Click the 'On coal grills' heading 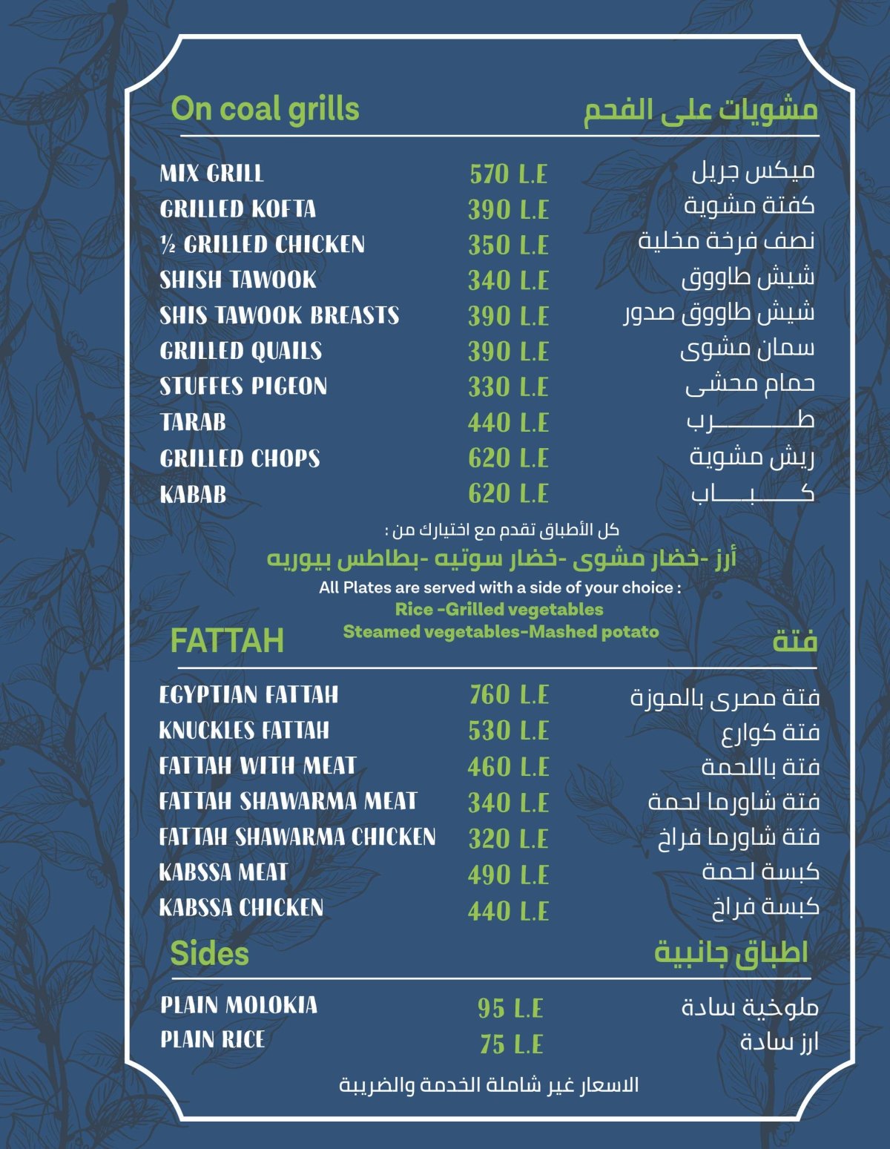(x=265, y=109)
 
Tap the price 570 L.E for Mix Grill (x=508, y=174)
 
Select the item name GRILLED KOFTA (x=238, y=209)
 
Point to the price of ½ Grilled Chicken (x=508, y=246)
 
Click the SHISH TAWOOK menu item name (x=238, y=280)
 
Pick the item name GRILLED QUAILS (x=241, y=351)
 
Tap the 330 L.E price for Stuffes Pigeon (x=508, y=387)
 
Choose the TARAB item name (x=193, y=422)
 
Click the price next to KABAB (x=508, y=493)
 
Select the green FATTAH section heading (x=227, y=640)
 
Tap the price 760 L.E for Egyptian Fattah (x=509, y=695)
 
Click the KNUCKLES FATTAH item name (x=244, y=731)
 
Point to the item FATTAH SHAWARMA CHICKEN (x=297, y=837)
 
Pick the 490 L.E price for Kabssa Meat (x=508, y=875)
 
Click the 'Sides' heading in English (x=209, y=954)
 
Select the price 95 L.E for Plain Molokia (x=510, y=1008)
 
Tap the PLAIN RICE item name (x=213, y=1040)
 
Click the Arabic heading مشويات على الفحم (x=700, y=110)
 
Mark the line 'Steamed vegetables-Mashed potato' (x=501, y=632)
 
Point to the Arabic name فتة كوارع (x=771, y=733)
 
